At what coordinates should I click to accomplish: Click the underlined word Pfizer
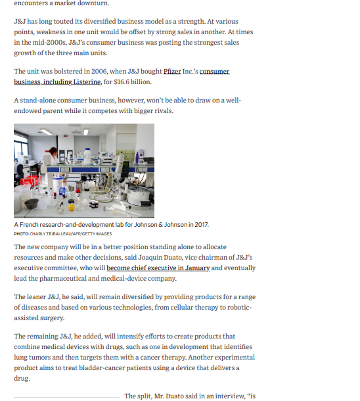point(172,70)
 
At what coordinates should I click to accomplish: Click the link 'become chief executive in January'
point(158,268)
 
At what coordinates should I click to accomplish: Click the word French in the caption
point(30,225)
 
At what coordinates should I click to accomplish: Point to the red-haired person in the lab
point(52,155)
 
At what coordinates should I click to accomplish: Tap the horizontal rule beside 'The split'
point(66,397)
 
